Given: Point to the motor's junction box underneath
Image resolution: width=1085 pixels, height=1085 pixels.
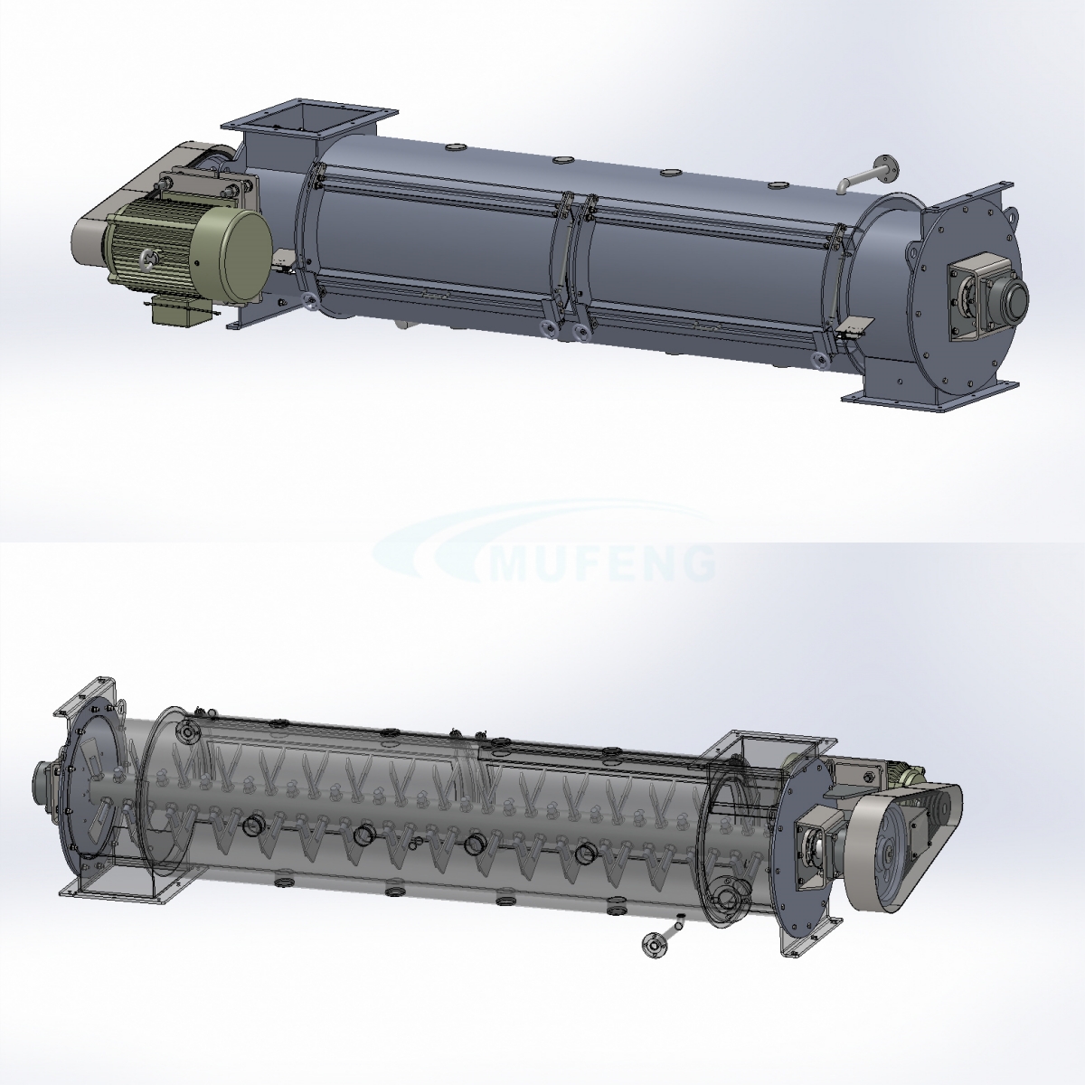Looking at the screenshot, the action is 180,310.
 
